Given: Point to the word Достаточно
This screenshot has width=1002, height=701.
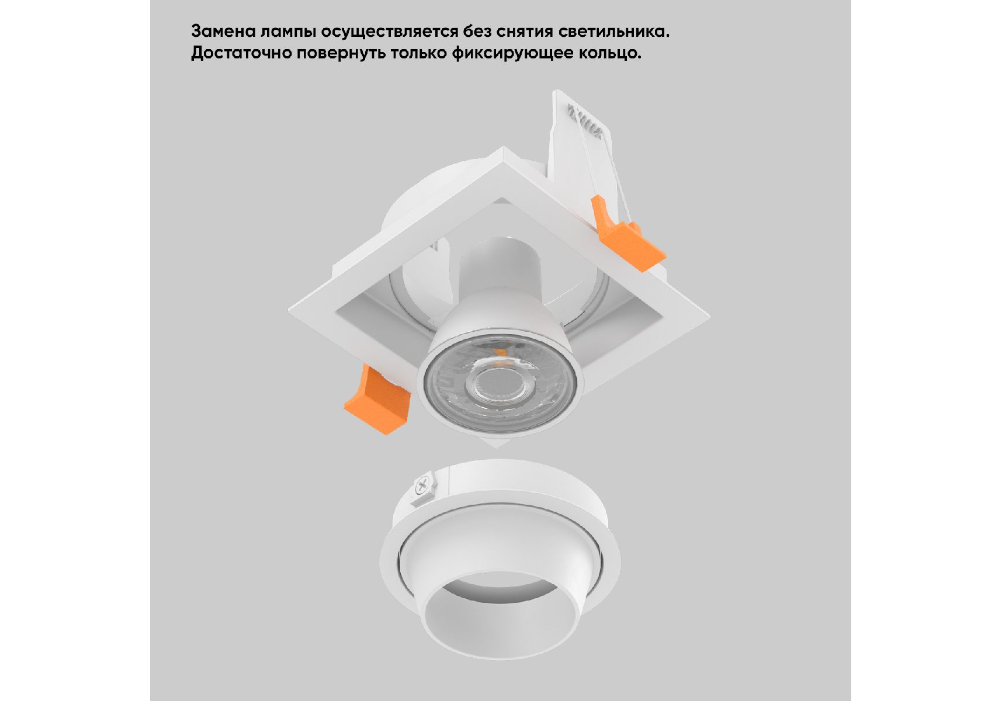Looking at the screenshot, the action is click(x=241, y=53).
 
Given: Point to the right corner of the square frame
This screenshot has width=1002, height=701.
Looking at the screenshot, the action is click(x=709, y=316).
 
